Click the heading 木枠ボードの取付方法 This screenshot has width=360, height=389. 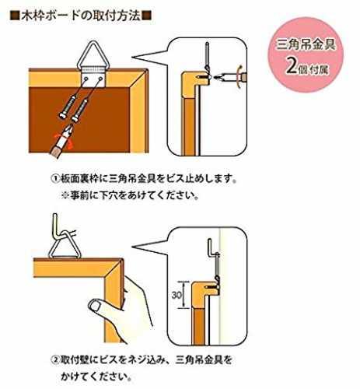tap(81, 16)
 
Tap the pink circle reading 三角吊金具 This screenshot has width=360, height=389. tap(306, 54)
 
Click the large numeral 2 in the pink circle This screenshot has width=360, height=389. tap(292, 68)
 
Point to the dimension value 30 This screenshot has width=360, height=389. tap(177, 295)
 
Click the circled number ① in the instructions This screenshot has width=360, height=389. tap(55, 179)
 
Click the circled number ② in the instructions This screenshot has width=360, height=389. tap(55, 360)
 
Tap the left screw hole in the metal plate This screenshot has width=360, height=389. tap(86, 78)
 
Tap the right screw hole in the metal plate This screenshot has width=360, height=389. tap(100, 78)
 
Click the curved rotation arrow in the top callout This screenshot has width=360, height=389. tap(239, 77)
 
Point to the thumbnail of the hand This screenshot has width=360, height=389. tap(95, 305)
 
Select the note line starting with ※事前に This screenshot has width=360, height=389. tap(130, 195)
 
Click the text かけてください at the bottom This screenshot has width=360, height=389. tap(96, 376)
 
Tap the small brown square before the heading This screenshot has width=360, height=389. tap(15, 16)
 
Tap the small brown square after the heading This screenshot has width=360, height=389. tap(147, 16)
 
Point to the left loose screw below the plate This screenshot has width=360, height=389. tap(67, 107)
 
